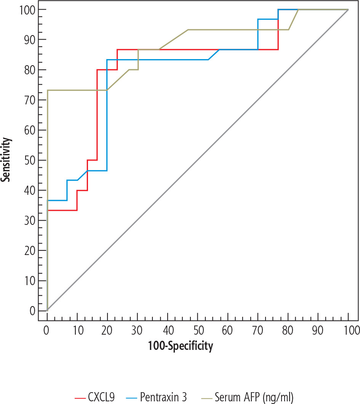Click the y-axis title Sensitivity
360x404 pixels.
pyautogui.click(x=5, y=160)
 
